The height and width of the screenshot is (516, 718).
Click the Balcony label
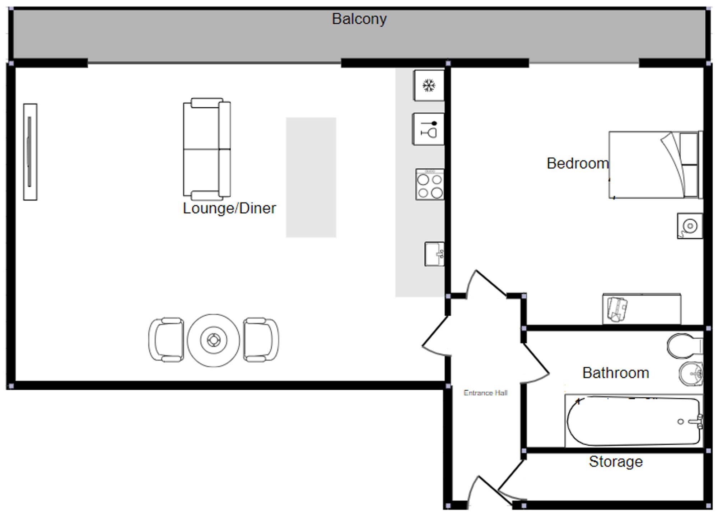(x=359, y=19)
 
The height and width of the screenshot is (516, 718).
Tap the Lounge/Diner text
(x=229, y=208)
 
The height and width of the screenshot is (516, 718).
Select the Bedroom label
(x=577, y=163)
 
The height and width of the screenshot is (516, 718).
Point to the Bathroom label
(x=616, y=373)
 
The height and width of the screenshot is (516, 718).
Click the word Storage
(x=616, y=462)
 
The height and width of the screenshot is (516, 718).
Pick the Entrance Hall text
(x=485, y=393)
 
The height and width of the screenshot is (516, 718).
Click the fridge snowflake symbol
(x=429, y=86)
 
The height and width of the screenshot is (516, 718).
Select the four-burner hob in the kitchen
(x=430, y=185)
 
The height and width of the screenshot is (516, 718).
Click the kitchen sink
(x=434, y=254)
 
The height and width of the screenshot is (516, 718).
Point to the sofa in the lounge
(x=207, y=149)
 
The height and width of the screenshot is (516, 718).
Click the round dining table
(x=213, y=340)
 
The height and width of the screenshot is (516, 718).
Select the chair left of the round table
(x=166, y=339)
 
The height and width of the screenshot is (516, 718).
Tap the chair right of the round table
(x=261, y=339)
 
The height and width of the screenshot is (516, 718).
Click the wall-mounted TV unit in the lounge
(x=30, y=152)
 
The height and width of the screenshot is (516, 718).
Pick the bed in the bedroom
(x=656, y=165)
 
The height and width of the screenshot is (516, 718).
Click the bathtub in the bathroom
(x=634, y=421)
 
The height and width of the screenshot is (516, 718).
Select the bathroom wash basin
(x=691, y=374)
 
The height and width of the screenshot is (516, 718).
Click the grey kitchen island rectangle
(x=311, y=177)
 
